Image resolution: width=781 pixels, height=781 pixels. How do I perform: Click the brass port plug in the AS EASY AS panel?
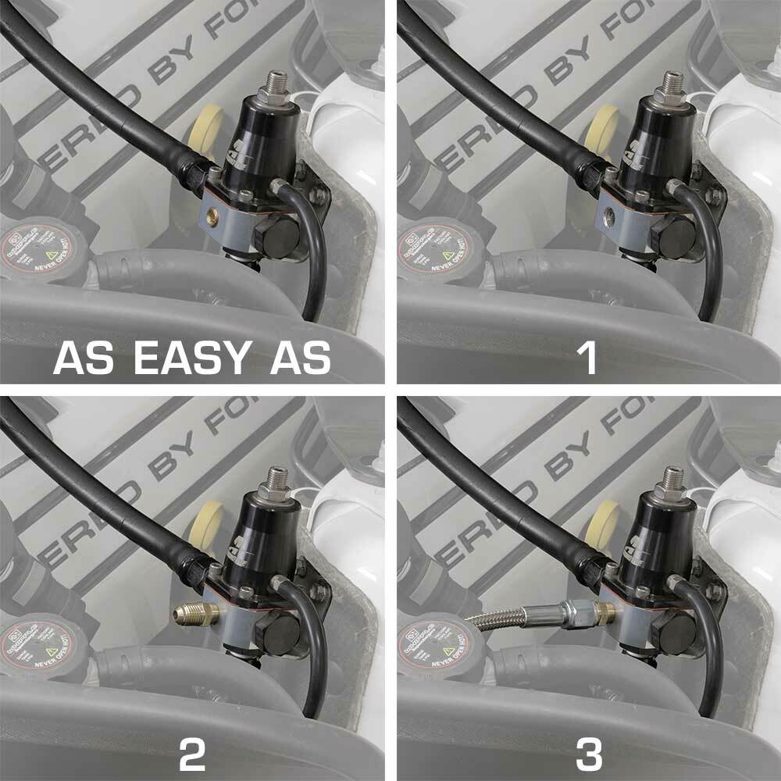(x=213, y=213)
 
